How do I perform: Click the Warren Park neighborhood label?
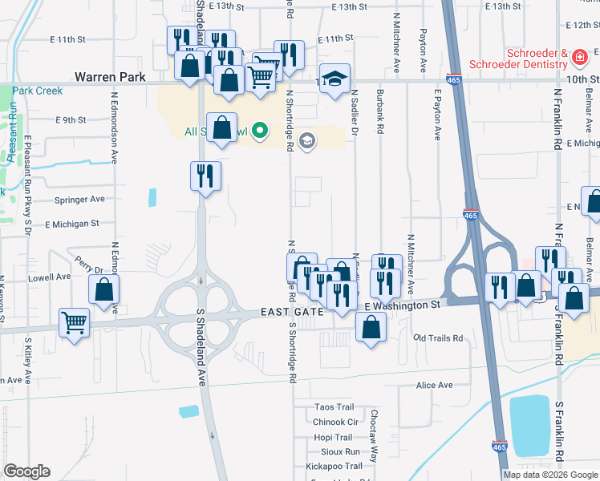point(110,77)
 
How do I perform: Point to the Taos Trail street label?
point(334,407)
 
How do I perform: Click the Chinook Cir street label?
point(335,422)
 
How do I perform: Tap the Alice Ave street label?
point(435,386)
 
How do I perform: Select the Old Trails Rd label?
point(438,338)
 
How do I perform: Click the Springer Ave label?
point(79,199)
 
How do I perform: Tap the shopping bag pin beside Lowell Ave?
point(104,289)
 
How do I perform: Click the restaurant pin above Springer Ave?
point(205,175)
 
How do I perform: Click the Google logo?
point(26,471)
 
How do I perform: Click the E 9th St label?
point(71,120)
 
